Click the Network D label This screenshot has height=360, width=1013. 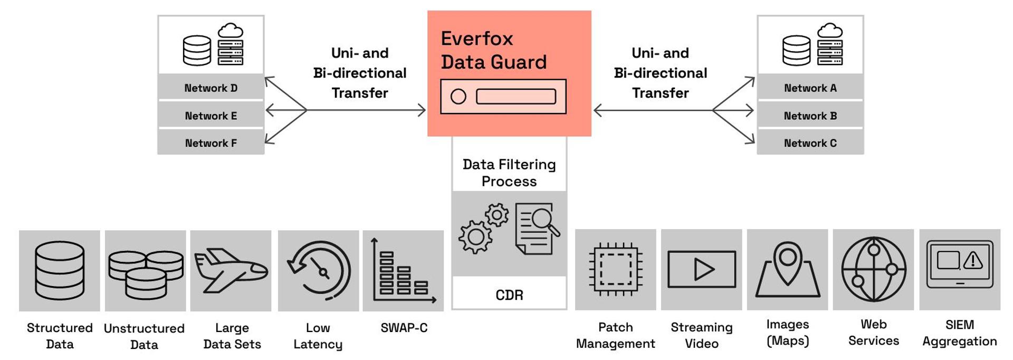tap(211, 88)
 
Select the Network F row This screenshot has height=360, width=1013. tap(211, 143)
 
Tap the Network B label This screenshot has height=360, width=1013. tap(810, 116)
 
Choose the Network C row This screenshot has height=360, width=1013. tap(810, 143)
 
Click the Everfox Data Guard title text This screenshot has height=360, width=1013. tap(493, 50)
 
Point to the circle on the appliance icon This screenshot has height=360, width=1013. tap(458, 97)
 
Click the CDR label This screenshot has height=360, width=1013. tap(509, 295)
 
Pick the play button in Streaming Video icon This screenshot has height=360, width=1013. tap(703, 270)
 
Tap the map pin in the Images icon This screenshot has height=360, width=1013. tap(788, 259)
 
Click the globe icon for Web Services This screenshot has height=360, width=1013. tap(873, 269)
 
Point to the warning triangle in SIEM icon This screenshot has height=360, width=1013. tap(973, 260)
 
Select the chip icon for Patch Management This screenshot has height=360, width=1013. tap(615, 269)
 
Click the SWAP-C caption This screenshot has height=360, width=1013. tap(404, 328)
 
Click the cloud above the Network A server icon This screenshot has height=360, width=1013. tap(830, 31)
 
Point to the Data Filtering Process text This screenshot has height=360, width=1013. tap(509, 173)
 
